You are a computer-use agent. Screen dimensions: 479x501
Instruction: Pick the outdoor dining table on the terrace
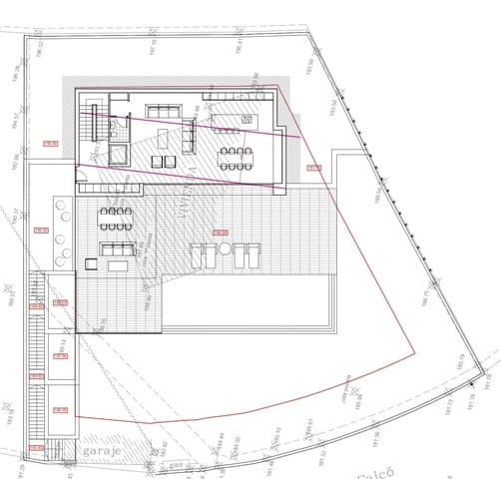click(117, 214)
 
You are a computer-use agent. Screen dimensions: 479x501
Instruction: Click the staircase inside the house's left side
click(89, 131)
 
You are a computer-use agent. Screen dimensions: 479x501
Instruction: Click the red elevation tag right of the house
click(313, 168)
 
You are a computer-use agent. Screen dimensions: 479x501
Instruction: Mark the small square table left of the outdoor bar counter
click(91, 264)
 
